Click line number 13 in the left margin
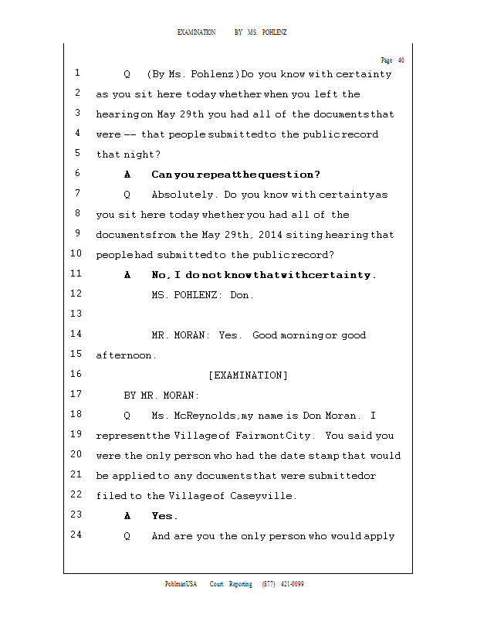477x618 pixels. [76, 314]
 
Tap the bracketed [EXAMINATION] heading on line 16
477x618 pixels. [248, 375]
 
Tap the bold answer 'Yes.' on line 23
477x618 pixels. [164, 516]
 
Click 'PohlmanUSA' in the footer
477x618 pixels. [181, 584]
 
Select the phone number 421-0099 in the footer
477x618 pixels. [292, 584]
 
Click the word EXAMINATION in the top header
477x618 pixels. [197, 32]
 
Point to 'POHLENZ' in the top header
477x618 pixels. [276, 32]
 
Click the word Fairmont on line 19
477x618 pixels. [259, 436]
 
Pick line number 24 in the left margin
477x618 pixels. [76, 535]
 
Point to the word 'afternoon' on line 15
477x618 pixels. [123, 355]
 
